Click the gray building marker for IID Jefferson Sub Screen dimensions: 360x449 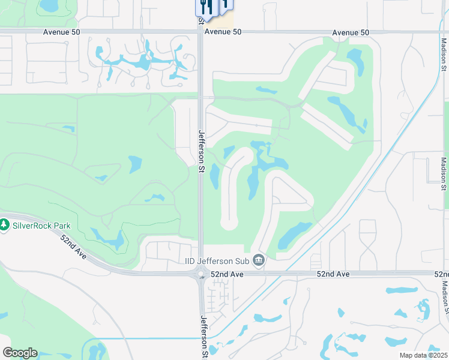(x=259, y=260)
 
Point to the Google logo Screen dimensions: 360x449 (x=20, y=353)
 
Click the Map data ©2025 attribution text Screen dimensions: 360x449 (x=423, y=355)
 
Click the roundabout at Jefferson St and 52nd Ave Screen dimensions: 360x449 (x=201, y=275)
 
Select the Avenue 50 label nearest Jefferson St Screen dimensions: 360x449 (x=222, y=32)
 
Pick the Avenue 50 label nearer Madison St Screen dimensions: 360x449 (x=351, y=32)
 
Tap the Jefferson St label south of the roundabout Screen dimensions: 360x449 (x=204, y=335)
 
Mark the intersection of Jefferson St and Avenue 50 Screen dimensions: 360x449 (x=200, y=32)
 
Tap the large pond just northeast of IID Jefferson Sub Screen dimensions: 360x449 (x=294, y=235)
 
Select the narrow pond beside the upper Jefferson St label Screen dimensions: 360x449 (x=214, y=175)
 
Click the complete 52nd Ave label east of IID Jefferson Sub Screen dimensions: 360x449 (x=333, y=274)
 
